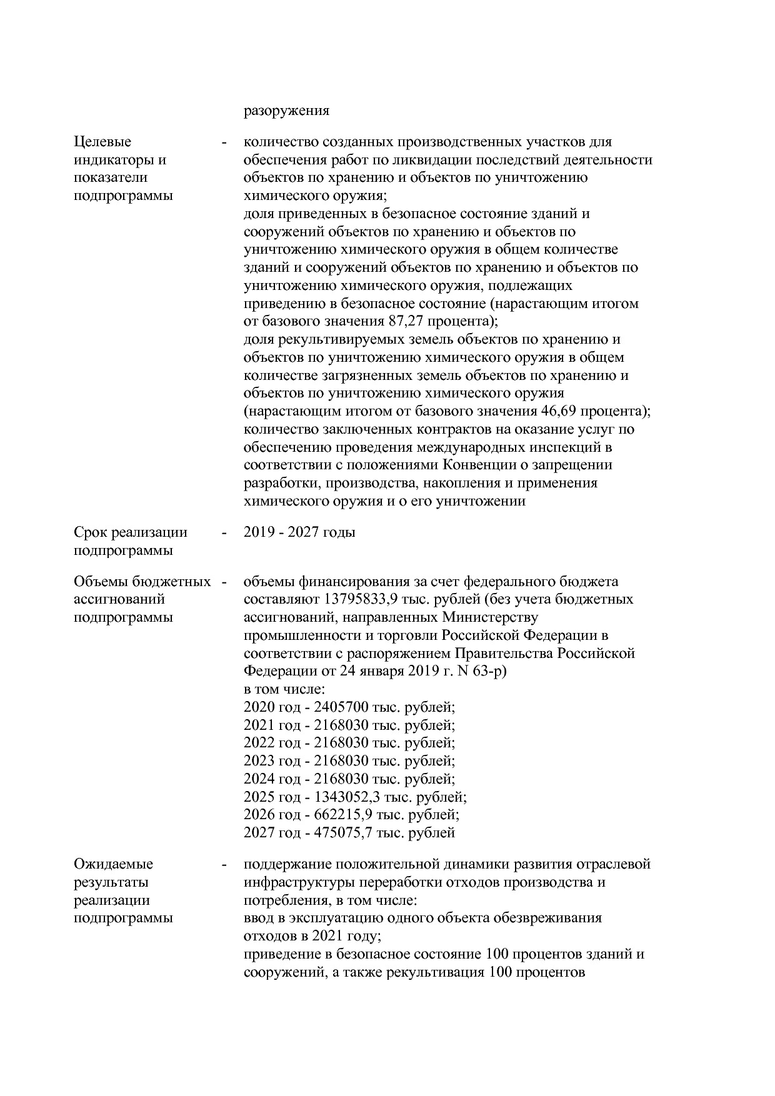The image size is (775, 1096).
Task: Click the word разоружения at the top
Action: coord(286,111)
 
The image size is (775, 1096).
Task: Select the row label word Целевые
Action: coord(102,142)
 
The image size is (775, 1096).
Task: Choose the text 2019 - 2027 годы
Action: coord(299,532)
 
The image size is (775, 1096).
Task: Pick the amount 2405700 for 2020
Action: coord(341,708)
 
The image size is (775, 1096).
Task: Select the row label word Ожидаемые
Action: coord(113,865)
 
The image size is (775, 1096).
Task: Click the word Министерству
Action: coord(490,617)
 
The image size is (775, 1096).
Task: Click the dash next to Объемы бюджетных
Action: coord(223,582)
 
